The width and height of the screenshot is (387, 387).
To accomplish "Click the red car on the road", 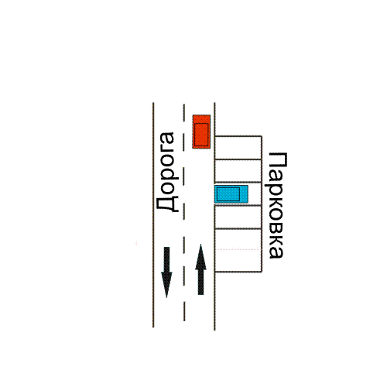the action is tap(201, 132).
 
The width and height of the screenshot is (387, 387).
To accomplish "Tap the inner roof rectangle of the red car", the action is tap(201, 135).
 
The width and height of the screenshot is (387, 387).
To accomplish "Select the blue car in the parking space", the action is tap(231, 194).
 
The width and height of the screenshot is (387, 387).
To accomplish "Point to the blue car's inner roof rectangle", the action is tap(228, 194).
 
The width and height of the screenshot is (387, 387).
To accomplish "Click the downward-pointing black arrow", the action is tap(166, 272).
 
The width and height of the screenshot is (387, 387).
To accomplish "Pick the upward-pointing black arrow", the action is tap(200, 269).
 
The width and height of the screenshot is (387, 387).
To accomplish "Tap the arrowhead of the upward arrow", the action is tap(200, 257).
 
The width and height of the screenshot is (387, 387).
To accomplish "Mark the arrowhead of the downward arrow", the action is tap(166, 285).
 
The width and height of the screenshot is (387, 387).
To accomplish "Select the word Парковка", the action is tap(276, 206).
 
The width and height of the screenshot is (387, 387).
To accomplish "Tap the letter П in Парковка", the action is tap(278, 159).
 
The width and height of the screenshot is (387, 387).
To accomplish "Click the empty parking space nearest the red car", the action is tap(238, 147).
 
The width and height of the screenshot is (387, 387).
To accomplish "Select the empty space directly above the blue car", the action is tap(238, 171).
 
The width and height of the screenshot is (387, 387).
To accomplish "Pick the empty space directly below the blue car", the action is tap(238, 217).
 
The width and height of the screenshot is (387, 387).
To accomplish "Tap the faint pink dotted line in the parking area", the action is tap(238, 249).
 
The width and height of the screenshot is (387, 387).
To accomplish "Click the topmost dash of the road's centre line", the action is tap(184, 112).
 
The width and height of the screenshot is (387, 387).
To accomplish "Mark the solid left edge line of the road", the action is tap(153, 215).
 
